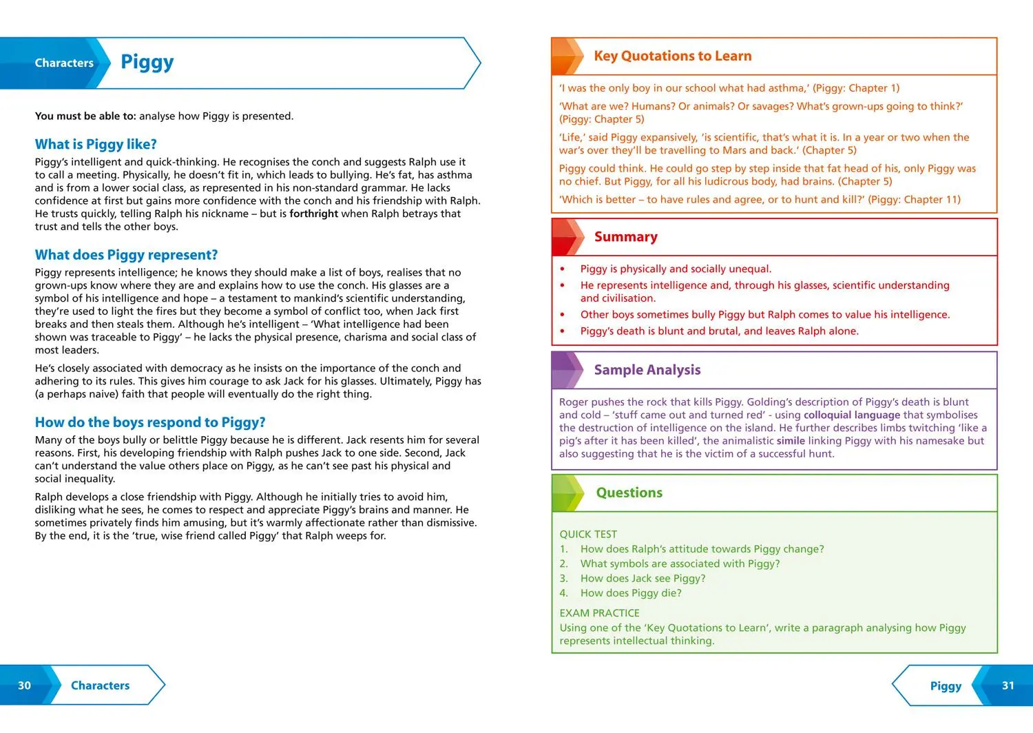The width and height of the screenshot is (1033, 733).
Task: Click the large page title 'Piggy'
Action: [147, 62]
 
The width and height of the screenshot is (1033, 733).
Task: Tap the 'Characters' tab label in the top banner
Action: [64, 63]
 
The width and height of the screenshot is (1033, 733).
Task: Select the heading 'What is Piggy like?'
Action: [96, 144]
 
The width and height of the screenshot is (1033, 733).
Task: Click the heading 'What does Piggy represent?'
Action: [126, 255]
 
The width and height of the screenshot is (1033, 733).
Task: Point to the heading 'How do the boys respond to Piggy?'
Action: [150, 422]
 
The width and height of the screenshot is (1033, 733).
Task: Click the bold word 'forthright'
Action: [313, 214]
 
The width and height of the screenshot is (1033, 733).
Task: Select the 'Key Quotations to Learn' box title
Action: [672, 56]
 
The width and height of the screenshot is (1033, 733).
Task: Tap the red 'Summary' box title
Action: [625, 236]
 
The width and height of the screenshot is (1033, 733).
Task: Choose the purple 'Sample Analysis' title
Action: [647, 370]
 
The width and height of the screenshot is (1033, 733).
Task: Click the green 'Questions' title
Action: [629, 493]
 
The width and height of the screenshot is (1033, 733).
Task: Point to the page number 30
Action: [24, 685]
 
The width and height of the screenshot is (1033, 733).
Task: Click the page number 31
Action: [1008, 685]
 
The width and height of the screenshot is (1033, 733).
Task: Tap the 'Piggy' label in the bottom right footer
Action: [945, 685]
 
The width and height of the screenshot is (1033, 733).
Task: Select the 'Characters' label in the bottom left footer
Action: [100, 685]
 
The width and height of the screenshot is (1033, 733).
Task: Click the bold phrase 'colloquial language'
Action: [851, 415]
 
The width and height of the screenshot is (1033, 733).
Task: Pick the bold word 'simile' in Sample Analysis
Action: [791, 441]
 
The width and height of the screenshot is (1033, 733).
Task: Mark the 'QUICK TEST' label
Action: [588, 534]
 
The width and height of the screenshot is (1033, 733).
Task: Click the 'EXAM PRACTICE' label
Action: [599, 613]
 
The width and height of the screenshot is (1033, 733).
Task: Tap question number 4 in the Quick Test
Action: [564, 593]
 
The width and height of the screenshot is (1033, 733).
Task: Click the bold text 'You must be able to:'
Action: [85, 116]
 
